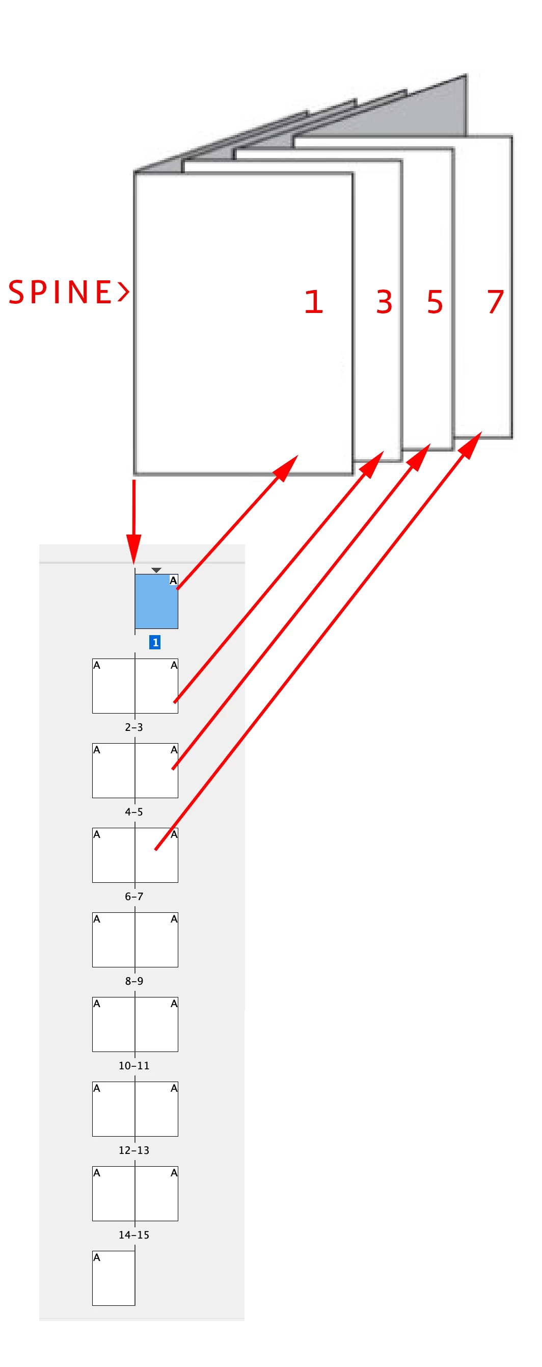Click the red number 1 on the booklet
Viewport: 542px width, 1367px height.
click(313, 301)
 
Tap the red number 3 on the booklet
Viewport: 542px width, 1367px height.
click(384, 301)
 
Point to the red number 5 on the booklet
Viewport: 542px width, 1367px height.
click(435, 301)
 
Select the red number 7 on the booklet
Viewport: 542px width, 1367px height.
click(495, 301)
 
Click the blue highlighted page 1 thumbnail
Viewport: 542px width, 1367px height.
click(156, 602)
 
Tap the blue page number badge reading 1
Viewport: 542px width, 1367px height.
click(155, 642)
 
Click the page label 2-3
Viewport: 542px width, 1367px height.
click(133, 727)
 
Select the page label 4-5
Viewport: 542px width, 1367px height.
click(133, 811)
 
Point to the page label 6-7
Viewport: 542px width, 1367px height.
click(133, 897)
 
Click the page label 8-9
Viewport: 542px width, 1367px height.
click(133, 981)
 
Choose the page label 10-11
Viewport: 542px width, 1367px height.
click(133, 1066)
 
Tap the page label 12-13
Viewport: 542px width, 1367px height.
click(133, 1150)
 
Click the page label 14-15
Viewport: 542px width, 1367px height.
click(133, 1235)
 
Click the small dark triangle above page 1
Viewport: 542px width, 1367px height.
click(156, 570)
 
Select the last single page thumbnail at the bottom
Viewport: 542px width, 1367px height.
click(114, 1278)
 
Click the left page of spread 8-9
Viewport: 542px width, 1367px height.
click(114, 940)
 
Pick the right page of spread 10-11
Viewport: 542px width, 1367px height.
click(156, 1024)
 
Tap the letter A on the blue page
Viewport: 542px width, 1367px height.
click(173, 581)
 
